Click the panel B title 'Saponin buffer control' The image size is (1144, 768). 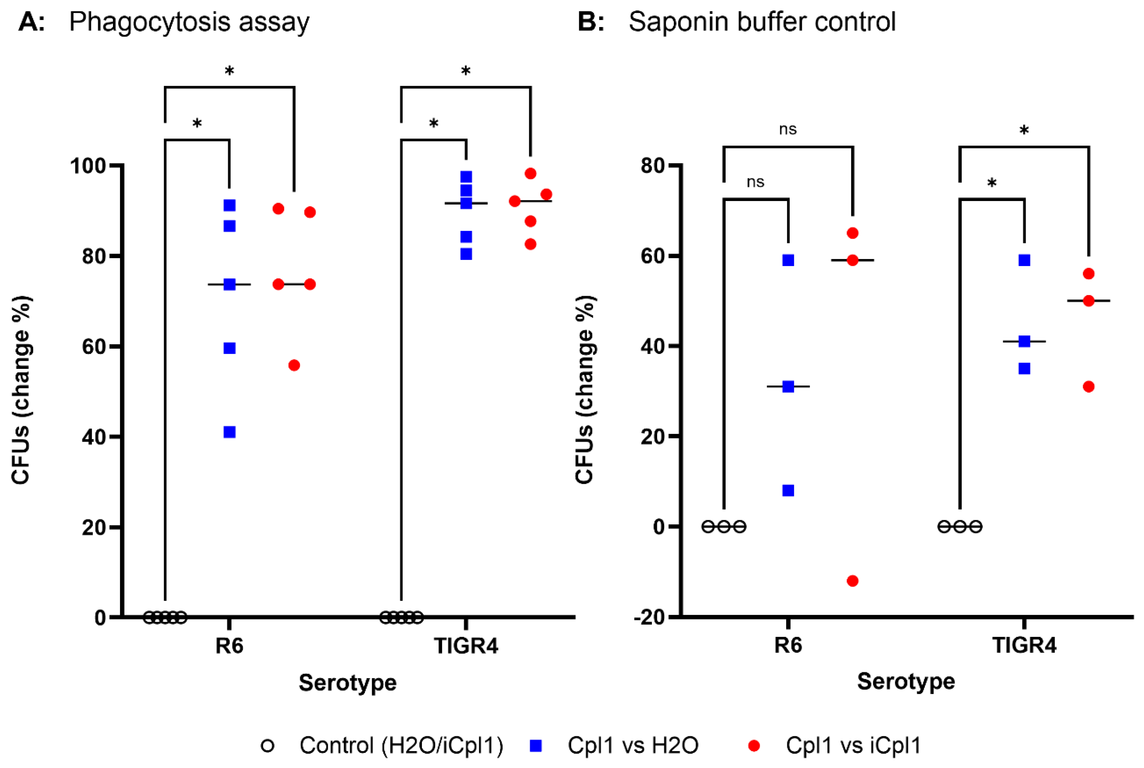(762, 22)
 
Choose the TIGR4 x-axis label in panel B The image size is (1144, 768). (1024, 646)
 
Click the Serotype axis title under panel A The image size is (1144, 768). (348, 682)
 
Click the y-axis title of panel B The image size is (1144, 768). (585, 390)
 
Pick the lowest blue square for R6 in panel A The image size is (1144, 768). (229, 432)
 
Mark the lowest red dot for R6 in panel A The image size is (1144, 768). (294, 365)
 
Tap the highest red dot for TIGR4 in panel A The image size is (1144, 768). (530, 173)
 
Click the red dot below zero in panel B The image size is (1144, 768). (852, 581)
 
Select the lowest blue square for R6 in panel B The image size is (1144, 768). (788, 490)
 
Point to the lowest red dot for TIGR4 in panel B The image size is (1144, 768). (1089, 387)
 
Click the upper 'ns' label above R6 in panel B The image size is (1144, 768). (788, 129)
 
